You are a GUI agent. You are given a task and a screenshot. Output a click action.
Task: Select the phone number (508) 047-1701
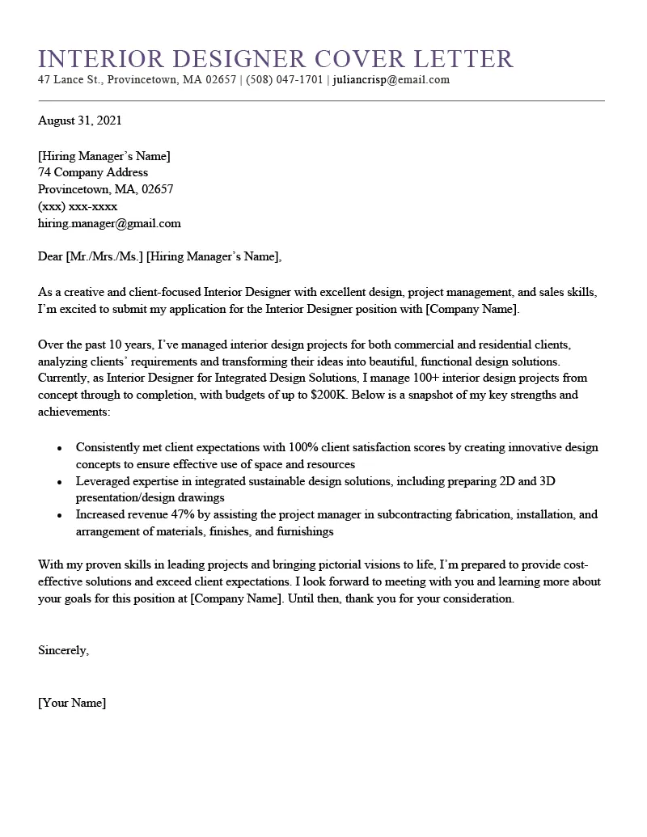(285, 80)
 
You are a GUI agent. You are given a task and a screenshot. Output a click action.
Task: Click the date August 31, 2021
(80, 121)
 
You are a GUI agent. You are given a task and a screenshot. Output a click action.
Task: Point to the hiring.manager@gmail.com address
(109, 223)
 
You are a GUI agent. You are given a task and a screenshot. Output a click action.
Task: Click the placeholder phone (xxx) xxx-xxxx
(78, 206)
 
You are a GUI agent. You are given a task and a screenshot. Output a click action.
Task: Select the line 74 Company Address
(93, 172)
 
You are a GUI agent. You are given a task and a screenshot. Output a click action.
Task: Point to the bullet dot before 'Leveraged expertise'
(60, 482)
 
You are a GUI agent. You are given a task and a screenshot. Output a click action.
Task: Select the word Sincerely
(63, 650)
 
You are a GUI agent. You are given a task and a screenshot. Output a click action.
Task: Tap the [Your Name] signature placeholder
(72, 703)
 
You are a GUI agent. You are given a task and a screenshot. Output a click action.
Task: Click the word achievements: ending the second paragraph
(74, 412)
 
